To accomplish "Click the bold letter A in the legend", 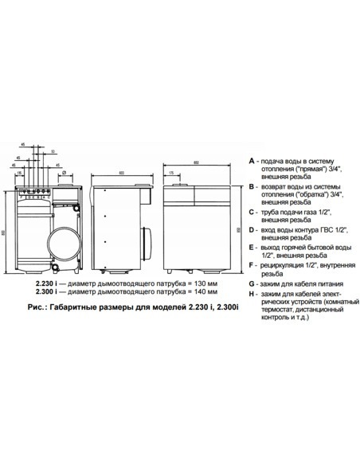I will [x=252, y=159].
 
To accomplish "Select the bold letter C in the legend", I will [x=252, y=213].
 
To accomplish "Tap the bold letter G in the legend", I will [x=252, y=283].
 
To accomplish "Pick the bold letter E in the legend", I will [x=252, y=248].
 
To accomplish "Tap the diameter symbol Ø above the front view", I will [x=63, y=171].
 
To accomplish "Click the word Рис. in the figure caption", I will [x=37, y=306].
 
